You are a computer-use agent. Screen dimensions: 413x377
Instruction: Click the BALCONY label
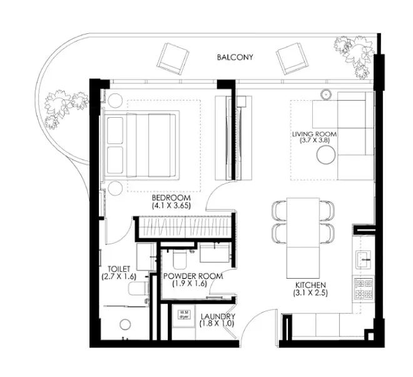pyautogui.click(x=235, y=57)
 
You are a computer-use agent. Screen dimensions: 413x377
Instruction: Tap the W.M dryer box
pyautogui.click(x=183, y=315)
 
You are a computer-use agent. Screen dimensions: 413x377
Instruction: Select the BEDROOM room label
pyautogui.click(x=171, y=198)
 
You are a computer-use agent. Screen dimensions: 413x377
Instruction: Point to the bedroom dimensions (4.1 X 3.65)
pyautogui.click(x=171, y=205)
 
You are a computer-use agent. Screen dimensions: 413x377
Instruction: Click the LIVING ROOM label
pyautogui.click(x=315, y=134)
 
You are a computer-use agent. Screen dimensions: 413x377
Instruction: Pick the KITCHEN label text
pyautogui.click(x=310, y=285)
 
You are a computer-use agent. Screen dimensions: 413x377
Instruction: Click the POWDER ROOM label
pyautogui.click(x=193, y=276)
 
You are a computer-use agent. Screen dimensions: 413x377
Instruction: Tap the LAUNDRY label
pyautogui.click(x=218, y=316)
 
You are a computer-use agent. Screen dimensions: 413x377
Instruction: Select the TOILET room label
pyautogui.click(x=119, y=269)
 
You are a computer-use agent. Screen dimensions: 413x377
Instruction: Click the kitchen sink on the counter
pyautogui.click(x=364, y=260)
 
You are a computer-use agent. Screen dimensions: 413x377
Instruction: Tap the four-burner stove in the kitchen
pyautogui.click(x=364, y=289)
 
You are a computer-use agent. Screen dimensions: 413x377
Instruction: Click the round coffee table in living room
pyautogui.click(x=327, y=155)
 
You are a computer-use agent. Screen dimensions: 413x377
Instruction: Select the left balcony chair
pyautogui.click(x=173, y=59)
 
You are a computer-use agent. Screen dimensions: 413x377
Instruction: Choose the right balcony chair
pyautogui.click(x=292, y=59)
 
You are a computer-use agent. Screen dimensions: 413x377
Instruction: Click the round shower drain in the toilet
pyautogui.click(x=125, y=324)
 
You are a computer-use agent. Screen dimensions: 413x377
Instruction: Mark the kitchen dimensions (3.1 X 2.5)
pyautogui.click(x=310, y=293)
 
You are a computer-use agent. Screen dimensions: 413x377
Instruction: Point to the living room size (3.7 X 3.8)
pyautogui.click(x=315, y=141)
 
